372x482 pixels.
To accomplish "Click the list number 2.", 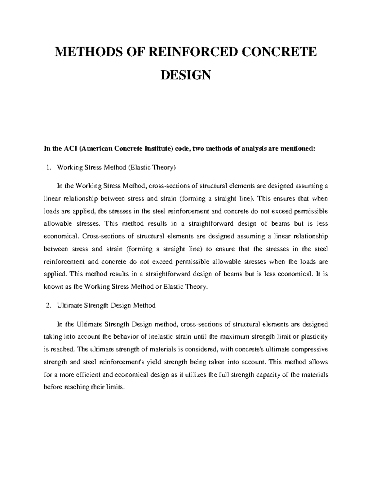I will pos(48,305).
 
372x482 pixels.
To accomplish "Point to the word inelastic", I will pos(156,337).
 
